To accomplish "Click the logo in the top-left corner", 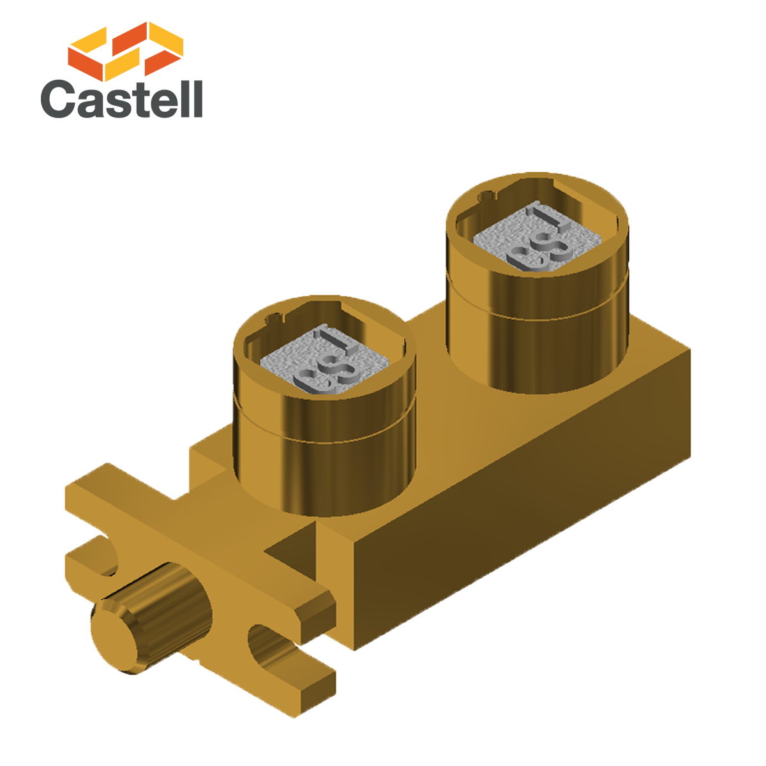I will click(121, 70).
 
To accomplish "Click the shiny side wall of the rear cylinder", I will click(536, 351).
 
